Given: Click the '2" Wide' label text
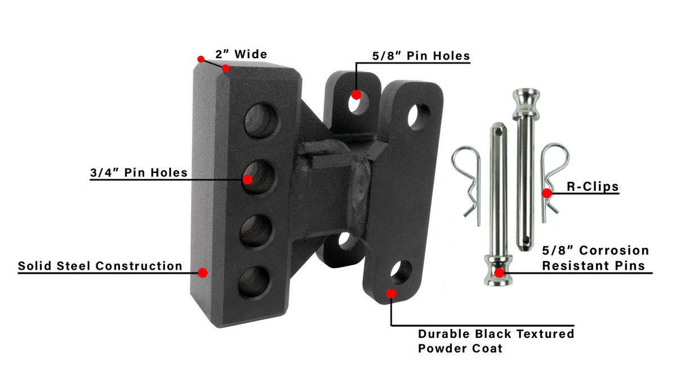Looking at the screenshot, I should (x=241, y=55).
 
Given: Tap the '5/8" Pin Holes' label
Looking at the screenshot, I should (x=421, y=56).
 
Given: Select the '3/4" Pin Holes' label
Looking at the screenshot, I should (x=139, y=172).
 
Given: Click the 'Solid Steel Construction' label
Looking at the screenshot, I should (x=100, y=266).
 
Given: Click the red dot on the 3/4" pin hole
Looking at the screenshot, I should (x=247, y=180).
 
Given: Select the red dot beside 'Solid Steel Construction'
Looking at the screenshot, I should (x=203, y=273).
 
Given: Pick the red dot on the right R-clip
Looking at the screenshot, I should (x=546, y=193).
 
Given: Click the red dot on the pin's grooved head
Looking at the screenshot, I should (x=499, y=273).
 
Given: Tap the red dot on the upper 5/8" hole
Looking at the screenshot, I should (x=356, y=95).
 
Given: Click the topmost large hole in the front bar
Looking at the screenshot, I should (x=261, y=120).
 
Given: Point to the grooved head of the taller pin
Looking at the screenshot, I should (x=524, y=101).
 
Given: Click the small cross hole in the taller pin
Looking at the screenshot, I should (x=526, y=242).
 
